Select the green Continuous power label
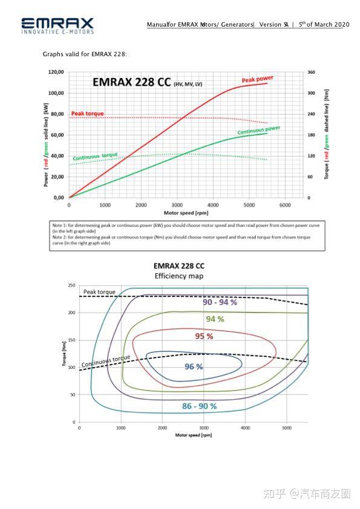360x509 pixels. (x=258, y=130)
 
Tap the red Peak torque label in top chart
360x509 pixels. (x=87, y=114)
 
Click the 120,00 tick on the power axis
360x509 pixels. (x=56, y=72)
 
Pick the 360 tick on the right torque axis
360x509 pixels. (x=311, y=72)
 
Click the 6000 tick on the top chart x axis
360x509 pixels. (x=284, y=205)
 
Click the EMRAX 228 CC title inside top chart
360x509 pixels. (x=131, y=83)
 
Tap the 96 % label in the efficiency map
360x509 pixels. (x=193, y=366)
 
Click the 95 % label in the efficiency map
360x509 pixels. (x=204, y=336)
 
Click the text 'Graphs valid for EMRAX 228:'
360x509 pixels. (x=85, y=54)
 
